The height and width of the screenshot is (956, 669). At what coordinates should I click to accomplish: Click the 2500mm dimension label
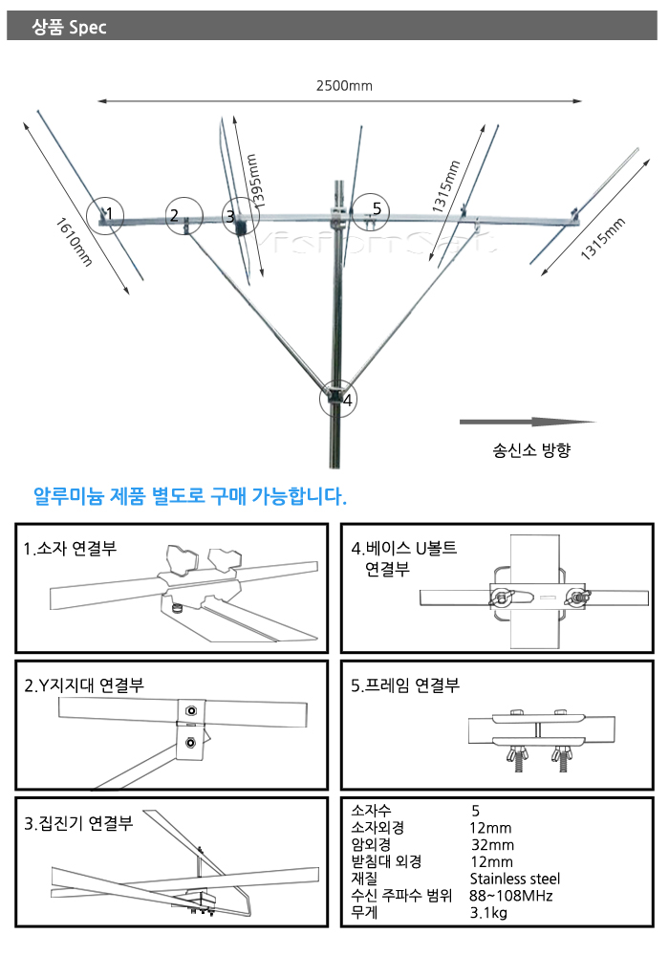(x=344, y=86)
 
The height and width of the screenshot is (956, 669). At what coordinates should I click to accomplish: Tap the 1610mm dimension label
(x=74, y=242)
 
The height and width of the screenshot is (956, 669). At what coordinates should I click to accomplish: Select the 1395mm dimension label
(x=256, y=181)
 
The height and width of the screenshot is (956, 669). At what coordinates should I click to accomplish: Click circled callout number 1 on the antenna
(x=105, y=214)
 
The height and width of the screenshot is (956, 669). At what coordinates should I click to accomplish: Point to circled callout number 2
(x=183, y=215)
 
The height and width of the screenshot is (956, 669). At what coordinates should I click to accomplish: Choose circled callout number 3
(x=239, y=216)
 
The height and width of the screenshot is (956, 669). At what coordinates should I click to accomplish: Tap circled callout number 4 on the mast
(x=338, y=400)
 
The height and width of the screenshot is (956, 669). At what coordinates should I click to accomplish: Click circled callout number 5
(x=370, y=211)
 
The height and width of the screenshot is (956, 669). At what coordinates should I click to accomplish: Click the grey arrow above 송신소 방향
(x=527, y=422)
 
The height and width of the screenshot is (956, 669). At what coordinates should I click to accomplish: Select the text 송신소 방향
(x=531, y=450)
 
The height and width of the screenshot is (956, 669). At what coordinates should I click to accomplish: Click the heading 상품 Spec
(x=69, y=27)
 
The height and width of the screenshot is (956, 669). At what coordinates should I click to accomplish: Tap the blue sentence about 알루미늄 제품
(x=190, y=495)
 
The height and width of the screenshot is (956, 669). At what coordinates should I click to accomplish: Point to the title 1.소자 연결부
(x=70, y=548)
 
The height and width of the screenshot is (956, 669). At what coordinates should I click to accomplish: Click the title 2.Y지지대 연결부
(x=84, y=685)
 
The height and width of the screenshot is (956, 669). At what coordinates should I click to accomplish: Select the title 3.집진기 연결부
(x=78, y=823)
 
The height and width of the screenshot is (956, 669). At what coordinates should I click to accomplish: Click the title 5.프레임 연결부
(x=405, y=685)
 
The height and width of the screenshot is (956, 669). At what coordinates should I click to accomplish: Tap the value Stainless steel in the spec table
(x=515, y=879)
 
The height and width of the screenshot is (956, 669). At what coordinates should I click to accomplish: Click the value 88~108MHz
(x=510, y=896)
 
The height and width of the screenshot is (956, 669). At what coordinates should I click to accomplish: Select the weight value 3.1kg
(x=488, y=913)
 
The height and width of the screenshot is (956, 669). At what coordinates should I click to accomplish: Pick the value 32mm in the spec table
(x=492, y=845)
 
